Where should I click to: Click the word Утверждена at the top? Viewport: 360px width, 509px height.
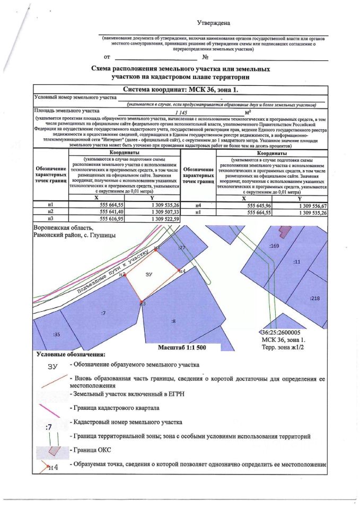[214, 23]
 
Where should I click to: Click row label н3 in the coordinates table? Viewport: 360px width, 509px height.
[51, 218]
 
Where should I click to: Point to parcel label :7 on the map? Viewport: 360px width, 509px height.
[103, 313]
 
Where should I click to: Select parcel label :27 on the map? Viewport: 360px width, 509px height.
[182, 248]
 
